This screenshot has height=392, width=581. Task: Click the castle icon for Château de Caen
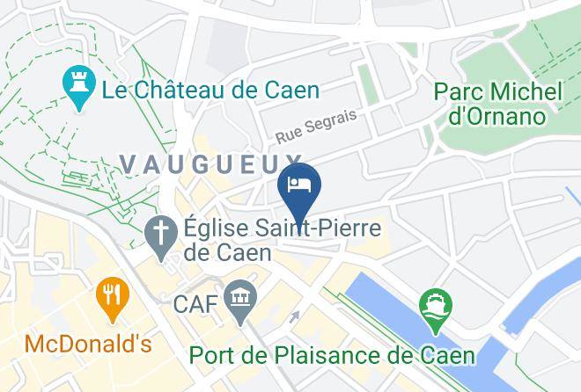point(78,86)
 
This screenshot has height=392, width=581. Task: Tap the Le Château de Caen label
point(210,90)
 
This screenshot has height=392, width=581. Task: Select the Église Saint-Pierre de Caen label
point(282,240)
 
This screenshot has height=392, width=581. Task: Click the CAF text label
point(194,305)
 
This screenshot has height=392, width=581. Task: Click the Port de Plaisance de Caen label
point(334,355)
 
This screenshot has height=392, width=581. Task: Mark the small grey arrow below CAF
point(295,316)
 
